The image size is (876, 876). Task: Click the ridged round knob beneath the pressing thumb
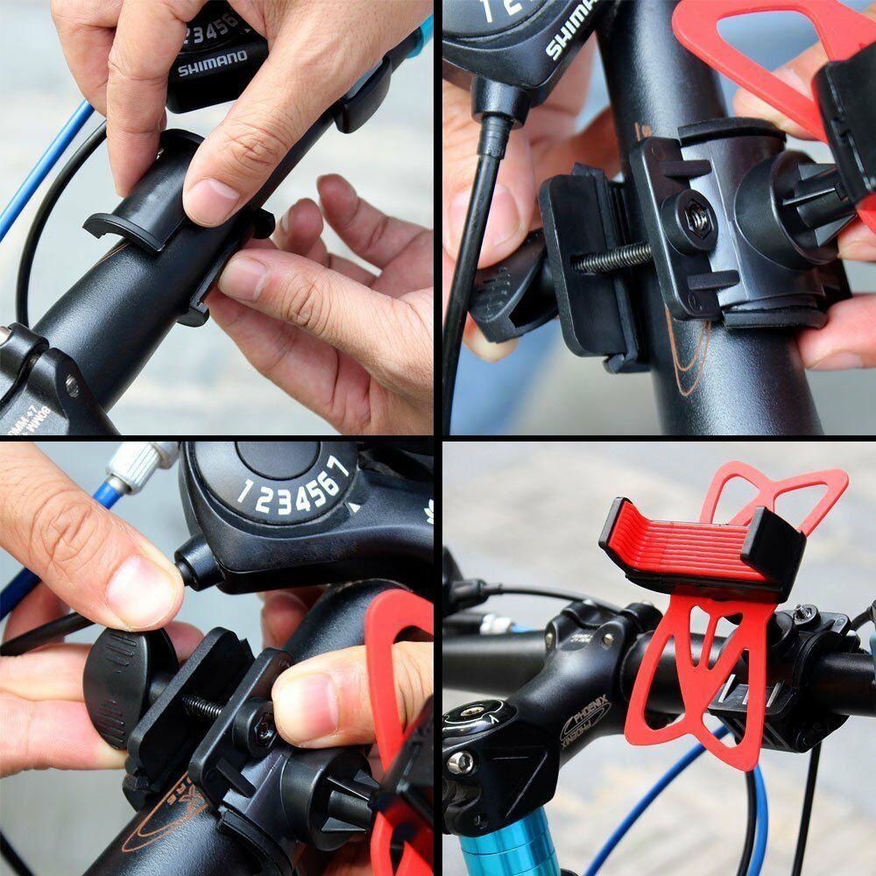tap(118, 683)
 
